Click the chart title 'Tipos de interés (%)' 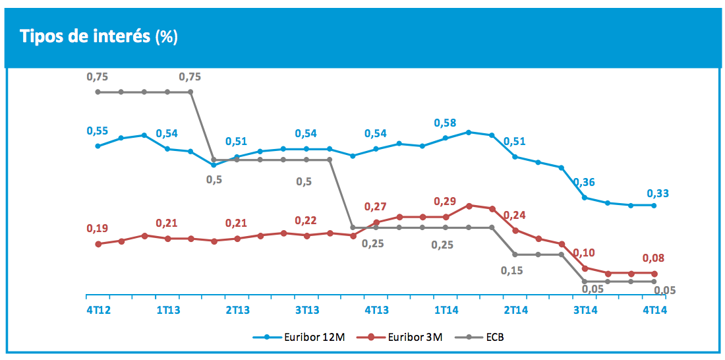tap(99, 36)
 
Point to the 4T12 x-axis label tap(98, 309)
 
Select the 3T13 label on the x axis tap(306, 309)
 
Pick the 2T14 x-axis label tap(515, 309)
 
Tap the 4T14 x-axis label tap(654, 309)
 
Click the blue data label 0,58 tap(446, 123)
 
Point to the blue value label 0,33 tap(658, 193)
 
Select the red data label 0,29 tap(446, 201)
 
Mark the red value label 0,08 tap(654, 258)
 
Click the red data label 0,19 tap(98, 228)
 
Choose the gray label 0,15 tap(512, 270)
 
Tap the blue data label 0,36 tap(585, 183)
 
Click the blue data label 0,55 tap(98, 131)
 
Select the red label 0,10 tap(585, 253)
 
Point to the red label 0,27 tap(376, 207)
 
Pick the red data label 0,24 tap(515, 215)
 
